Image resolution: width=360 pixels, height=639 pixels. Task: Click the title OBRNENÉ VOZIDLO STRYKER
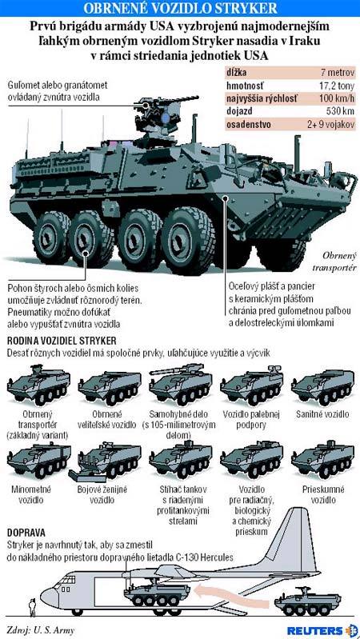point(180,8)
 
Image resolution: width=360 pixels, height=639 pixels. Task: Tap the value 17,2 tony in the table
point(335,86)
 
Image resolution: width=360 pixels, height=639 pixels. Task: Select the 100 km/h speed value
point(336,98)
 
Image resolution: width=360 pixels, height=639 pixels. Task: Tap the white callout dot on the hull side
point(225,198)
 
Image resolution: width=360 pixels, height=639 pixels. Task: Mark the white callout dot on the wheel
point(86,254)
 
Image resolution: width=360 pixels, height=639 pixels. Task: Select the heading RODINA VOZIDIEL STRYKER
point(62,340)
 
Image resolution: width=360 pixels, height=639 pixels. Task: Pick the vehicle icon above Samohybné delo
point(179,384)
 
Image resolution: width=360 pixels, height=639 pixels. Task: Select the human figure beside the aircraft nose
point(31,607)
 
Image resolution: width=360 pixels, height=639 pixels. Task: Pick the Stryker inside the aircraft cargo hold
point(157,590)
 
